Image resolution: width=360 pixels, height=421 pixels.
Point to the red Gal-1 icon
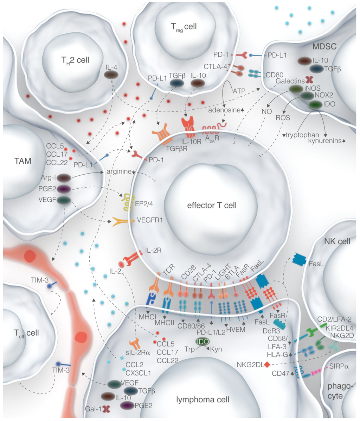point(106,408)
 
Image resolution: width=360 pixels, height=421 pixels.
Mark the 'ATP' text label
point(238,91)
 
